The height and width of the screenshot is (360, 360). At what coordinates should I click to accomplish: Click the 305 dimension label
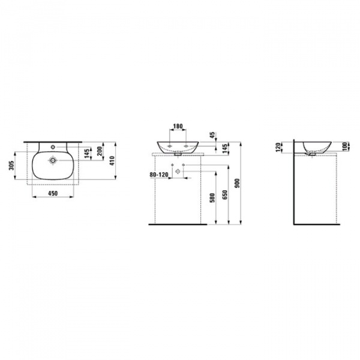[x=11, y=166]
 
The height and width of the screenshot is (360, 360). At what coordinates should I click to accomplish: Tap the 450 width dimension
[x=53, y=194]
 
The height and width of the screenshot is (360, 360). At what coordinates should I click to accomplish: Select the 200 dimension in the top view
[x=100, y=151]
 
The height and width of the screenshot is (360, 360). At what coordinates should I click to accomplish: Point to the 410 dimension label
[x=112, y=161]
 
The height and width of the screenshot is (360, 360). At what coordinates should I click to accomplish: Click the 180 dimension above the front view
[x=178, y=126]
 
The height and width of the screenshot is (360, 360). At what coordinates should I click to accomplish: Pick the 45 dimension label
[x=212, y=135]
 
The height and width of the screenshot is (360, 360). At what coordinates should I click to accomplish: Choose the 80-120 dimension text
[x=159, y=175]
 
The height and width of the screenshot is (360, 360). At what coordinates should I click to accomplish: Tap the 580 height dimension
[x=212, y=198]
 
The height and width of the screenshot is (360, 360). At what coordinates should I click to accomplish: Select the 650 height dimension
[x=225, y=194]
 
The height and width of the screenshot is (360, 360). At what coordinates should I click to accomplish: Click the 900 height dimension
[x=238, y=183]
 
